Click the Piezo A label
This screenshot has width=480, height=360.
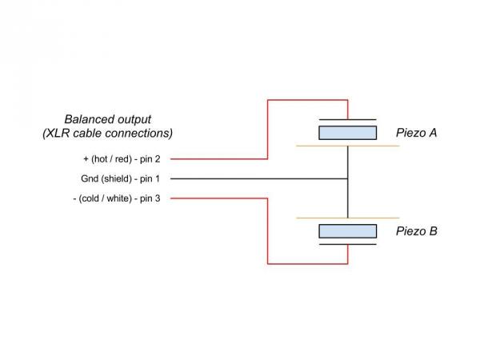(416, 133)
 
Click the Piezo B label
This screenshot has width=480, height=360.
(416, 232)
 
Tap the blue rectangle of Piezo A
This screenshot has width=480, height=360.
(348, 133)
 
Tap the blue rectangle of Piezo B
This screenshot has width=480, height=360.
(348, 231)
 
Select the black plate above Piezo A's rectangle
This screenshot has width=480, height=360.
(348, 119)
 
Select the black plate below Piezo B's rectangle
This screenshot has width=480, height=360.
(348, 244)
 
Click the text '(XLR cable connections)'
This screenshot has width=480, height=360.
(108, 132)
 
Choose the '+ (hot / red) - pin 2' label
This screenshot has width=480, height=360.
(122, 158)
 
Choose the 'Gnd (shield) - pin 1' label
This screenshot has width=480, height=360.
(122, 178)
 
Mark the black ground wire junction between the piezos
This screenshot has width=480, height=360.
(348, 178)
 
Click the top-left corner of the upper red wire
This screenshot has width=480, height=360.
(267, 100)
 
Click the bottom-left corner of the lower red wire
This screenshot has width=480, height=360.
(267, 262)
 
